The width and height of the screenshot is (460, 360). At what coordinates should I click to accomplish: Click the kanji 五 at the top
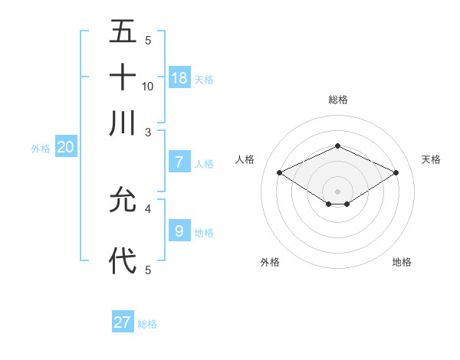click(123, 32)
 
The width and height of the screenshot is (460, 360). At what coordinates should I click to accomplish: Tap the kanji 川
click(123, 123)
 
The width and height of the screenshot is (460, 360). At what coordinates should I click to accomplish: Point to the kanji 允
click(123, 200)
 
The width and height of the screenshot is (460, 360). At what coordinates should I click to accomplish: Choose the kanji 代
click(123, 261)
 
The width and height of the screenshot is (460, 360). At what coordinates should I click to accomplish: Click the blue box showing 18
click(179, 77)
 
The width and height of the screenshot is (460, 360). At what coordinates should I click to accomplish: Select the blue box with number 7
click(179, 162)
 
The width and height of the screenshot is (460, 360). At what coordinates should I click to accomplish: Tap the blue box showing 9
click(179, 231)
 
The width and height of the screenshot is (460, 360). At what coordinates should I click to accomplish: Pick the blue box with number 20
click(65, 147)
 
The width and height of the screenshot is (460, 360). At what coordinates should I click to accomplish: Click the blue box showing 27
click(123, 322)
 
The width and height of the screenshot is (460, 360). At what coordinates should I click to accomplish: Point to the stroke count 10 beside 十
click(148, 87)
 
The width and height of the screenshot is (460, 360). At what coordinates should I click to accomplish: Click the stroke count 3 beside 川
click(148, 133)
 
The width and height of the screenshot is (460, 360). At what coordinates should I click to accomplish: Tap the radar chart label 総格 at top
click(337, 100)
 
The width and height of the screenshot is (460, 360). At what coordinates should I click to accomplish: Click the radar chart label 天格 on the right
click(431, 159)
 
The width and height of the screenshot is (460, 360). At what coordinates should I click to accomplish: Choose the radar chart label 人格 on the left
click(245, 159)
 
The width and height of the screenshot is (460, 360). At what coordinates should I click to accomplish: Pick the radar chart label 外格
click(270, 262)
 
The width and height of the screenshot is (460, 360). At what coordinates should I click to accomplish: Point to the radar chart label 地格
click(402, 262)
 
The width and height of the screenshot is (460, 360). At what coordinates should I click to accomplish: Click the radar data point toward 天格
click(396, 173)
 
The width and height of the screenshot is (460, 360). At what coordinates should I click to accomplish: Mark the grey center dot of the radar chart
click(337, 191)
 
